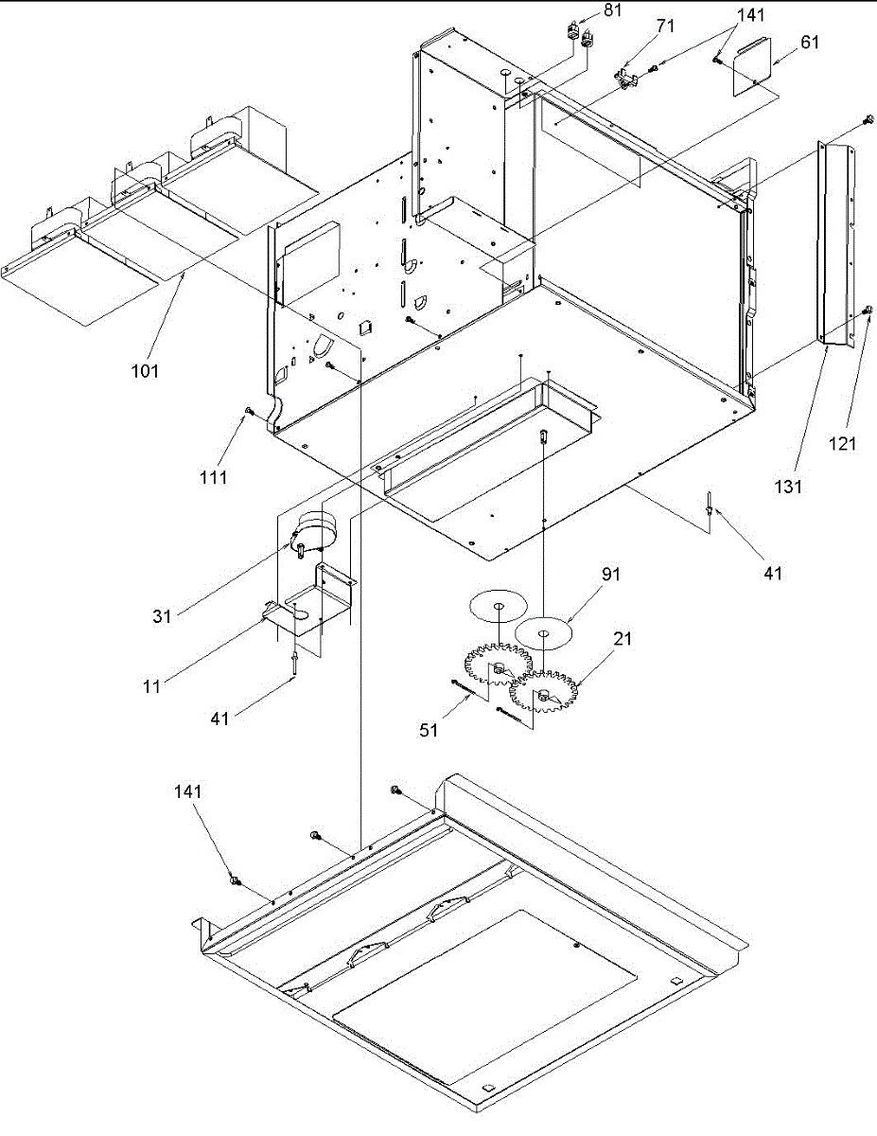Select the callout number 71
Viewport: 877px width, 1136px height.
(666, 27)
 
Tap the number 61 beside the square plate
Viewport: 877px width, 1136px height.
(810, 42)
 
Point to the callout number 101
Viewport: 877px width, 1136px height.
(146, 370)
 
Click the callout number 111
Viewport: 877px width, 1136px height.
(214, 478)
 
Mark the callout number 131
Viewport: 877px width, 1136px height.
(788, 487)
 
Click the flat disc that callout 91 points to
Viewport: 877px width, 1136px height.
(545, 631)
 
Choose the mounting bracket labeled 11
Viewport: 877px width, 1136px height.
(312, 606)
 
